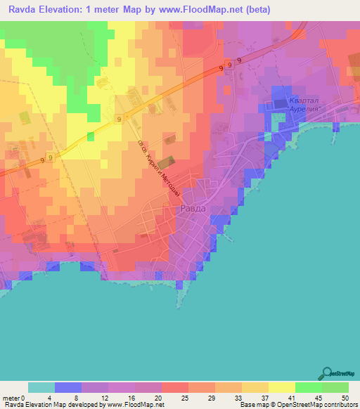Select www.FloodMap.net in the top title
click(182, 10)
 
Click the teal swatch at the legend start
click(41, 387)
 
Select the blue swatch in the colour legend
click(67, 387)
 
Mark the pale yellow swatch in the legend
click(281, 387)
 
